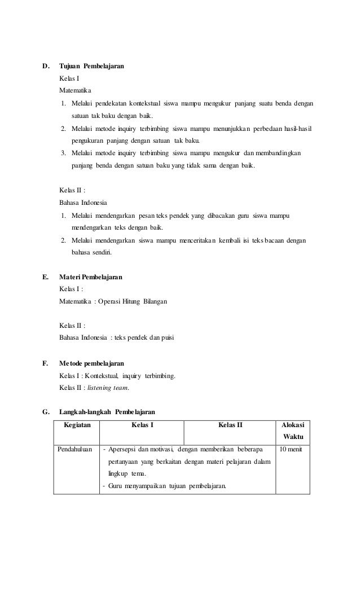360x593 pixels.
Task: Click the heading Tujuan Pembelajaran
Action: click(x=92, y=67)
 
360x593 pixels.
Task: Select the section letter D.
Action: click(x=46, y=67)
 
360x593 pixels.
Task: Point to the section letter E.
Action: click(x=45, y=278)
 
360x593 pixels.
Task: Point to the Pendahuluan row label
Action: click(x=77, y=449)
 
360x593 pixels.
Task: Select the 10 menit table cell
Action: click(x=291, y=449)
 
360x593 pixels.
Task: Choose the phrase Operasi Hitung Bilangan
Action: click(x=133, y=302)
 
